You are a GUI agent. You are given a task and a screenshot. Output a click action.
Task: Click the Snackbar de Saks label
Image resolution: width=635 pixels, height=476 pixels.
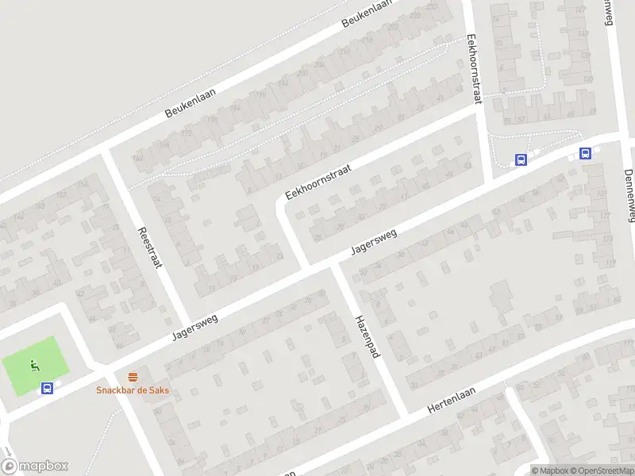point(133,390)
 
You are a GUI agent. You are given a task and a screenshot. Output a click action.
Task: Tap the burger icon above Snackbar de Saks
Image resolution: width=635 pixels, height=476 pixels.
point(133,377)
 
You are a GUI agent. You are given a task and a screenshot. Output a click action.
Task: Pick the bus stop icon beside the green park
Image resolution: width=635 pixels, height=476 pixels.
point(48,389)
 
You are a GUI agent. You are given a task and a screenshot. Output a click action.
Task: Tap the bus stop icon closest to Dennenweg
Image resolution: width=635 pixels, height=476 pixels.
point(585,154)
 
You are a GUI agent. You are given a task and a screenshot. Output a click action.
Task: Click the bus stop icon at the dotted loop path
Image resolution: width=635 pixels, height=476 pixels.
point(521,159)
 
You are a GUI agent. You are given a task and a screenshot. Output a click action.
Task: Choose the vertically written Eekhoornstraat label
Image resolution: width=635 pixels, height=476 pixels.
point(475,69)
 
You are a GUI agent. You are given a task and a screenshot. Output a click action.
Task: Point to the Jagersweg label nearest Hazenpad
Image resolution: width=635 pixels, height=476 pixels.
point(372,240)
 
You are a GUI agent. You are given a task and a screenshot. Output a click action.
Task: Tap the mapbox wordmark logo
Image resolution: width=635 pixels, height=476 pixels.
point(35,466)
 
